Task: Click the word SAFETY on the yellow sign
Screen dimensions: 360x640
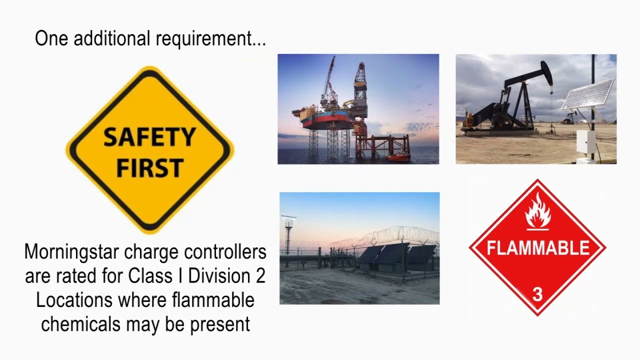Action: click(149, 136)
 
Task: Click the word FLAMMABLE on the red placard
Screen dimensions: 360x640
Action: click(538, 248)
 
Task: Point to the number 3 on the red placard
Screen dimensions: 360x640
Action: click(537, 294)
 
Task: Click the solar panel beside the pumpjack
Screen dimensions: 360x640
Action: click(587, 94)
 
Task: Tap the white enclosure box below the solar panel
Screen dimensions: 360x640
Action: click(585, 142)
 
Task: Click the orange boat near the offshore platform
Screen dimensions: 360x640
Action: click(397, 157)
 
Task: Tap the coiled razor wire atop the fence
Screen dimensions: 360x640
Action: click(385, 235)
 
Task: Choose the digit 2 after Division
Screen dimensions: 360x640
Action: click(260, 276)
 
